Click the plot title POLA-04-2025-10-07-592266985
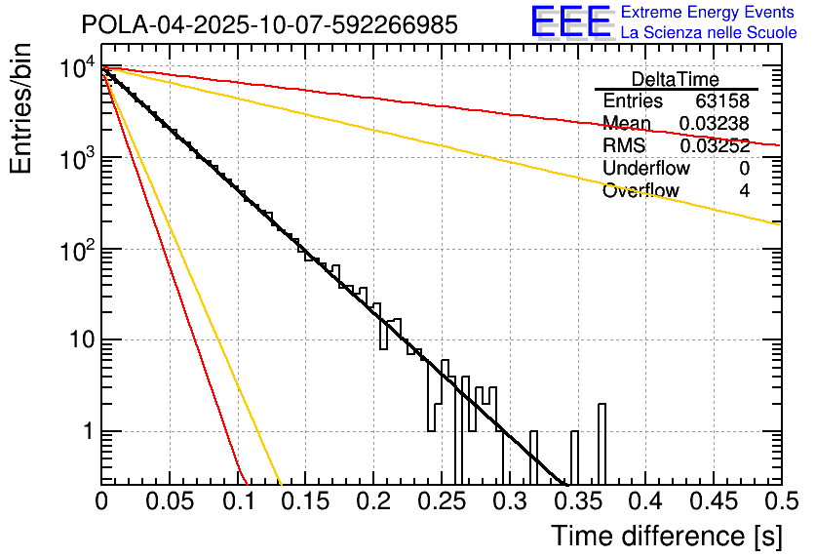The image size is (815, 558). coord(269,25)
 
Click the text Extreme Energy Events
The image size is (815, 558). coord(709,13)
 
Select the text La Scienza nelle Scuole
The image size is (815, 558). coord(709,32)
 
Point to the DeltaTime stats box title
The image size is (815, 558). coord(675,79)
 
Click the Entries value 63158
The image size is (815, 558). coord(722,101)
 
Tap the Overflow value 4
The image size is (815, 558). coord(744,191)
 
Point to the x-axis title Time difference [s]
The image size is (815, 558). coord(666,536)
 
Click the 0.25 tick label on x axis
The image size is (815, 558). coord(441,501)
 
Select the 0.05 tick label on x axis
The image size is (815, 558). coord(169,501)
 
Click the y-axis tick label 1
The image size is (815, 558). coord(85,432)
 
